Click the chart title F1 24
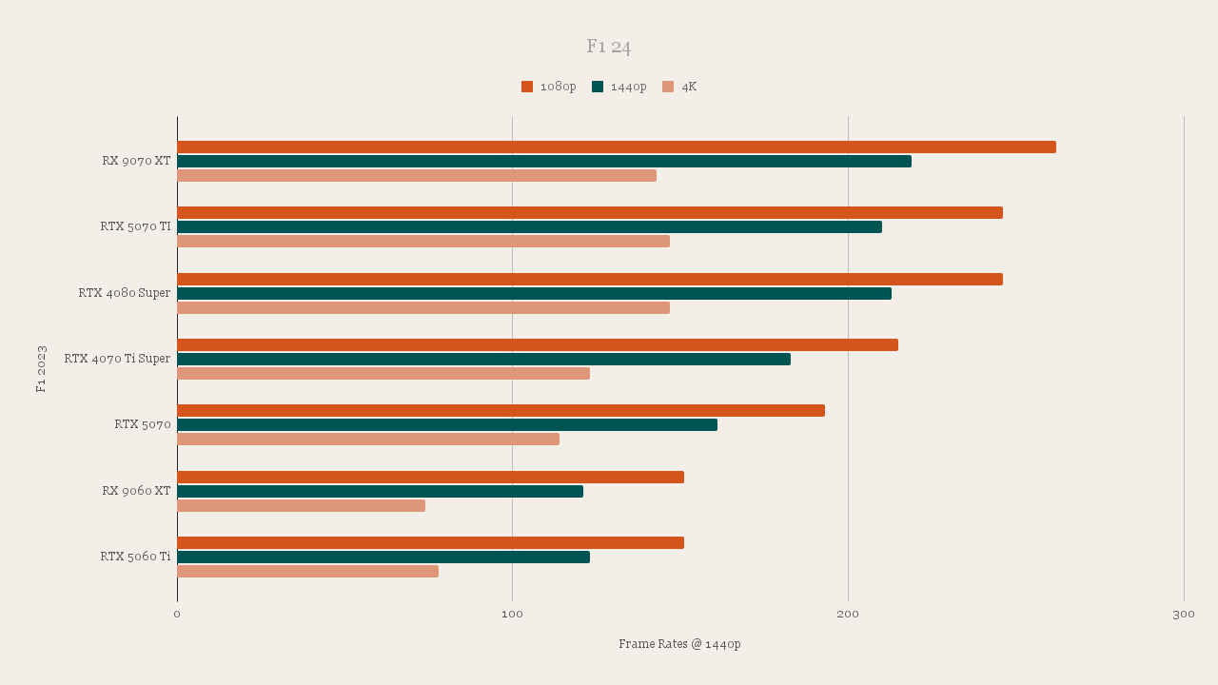[x=608, y=47]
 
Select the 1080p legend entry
[x=549, y=87]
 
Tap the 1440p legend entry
[x=619, y=87]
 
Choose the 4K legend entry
[x=680, y=87]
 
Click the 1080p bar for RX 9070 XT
[x=617, y=147]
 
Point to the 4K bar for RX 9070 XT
[x=417, y=175]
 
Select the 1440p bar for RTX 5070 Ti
[x=529, y=226]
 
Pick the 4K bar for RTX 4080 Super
[x=423, y=307]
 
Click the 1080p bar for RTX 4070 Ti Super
[x=538, y=344]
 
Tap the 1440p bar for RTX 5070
[x=447, y=424]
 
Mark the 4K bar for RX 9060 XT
[x=301, y=505]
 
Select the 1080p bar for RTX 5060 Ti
[x=430, y=542]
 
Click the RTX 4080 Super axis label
[x=125, y=293]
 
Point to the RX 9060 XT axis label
[x=137, y=491]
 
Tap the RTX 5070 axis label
[x=143, y=424]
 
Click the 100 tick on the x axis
[x=512, y=615]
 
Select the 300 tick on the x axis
[x=1184, y=615]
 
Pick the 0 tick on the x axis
[x=177, y=615]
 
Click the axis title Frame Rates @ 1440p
[x=679, y=644]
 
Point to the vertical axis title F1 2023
[x=41, y=368]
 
